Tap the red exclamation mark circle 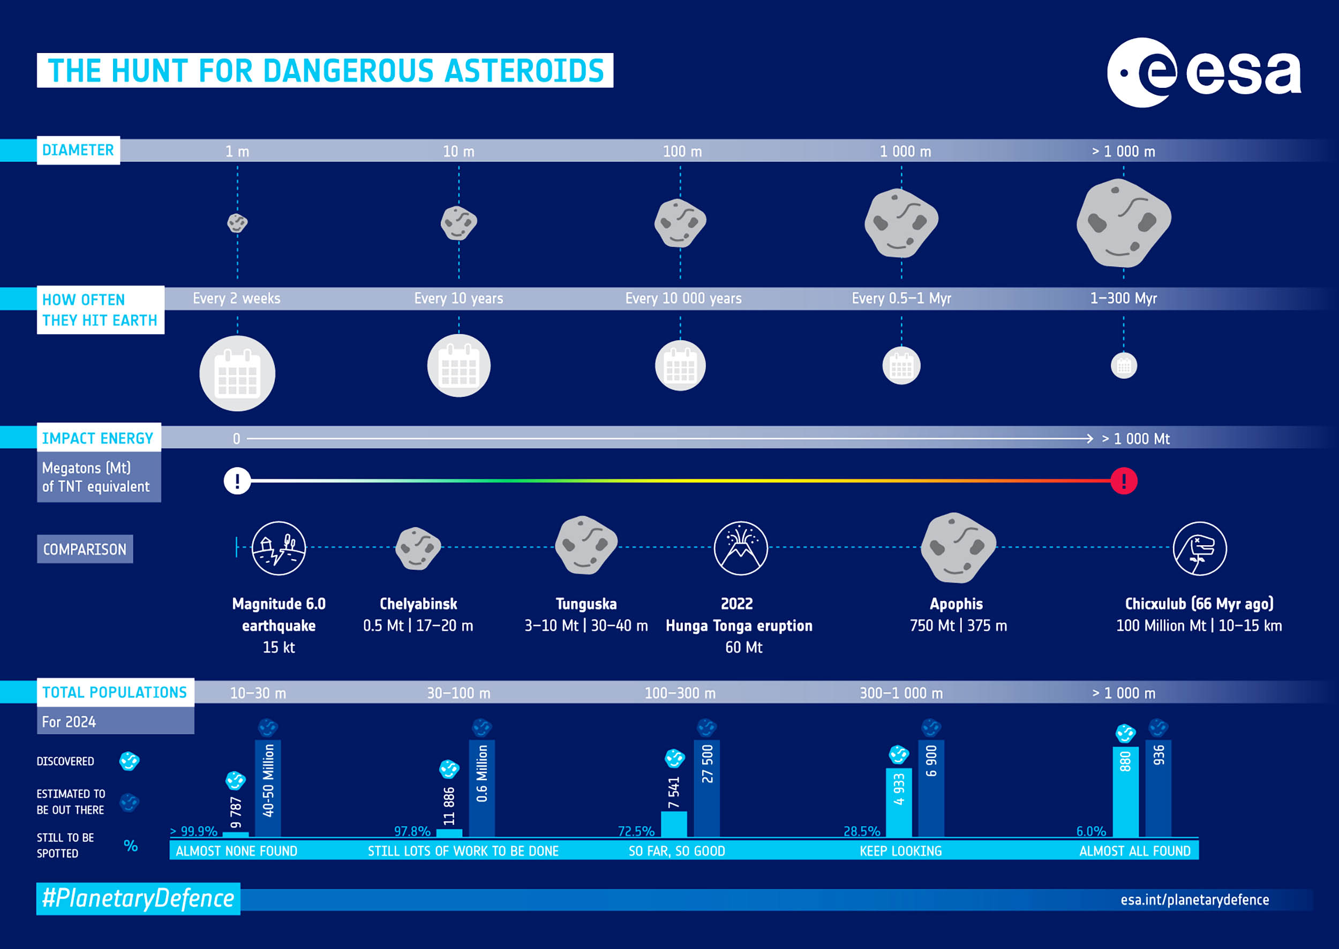(1123, 481)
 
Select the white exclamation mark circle (237, 481)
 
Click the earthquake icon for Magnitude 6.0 (279, 548)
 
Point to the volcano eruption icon (741, 548)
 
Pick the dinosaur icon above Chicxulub (1199, 548)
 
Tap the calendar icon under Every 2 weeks (237, 373)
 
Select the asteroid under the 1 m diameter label (237, 223)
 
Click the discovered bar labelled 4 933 (899, 802)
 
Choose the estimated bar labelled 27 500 (706, 788)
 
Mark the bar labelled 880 (1125, 791)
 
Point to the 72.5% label (636, 831)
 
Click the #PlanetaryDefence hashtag (139, 898)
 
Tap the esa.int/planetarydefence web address (1194, 900)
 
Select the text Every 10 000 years (683, 299)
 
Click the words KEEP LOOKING (901, 851)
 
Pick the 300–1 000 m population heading (901, 693)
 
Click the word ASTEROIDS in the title (524, 71)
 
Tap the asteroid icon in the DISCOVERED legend (129, 761)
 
